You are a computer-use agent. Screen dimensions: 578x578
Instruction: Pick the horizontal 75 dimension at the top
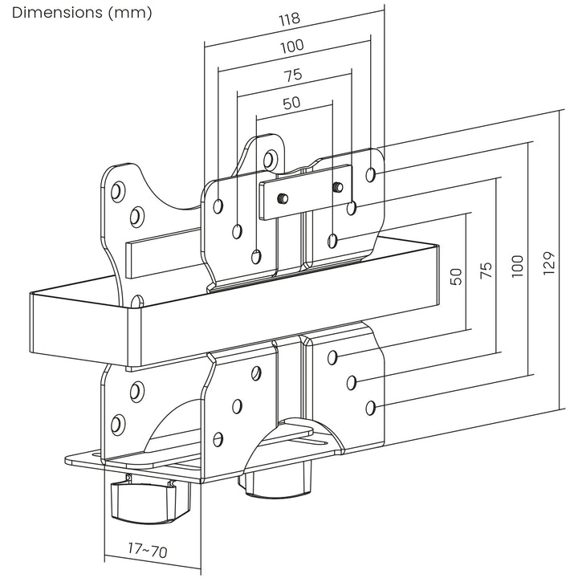(x=293, y=75)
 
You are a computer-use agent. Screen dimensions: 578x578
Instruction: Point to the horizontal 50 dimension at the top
(x=293, y=104)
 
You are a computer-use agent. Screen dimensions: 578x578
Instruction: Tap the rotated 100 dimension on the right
(x=516, y=265)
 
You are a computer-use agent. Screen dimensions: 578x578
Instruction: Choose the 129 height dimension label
(x=547, y=263)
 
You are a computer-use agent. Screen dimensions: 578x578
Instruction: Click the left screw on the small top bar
(x=281, y=197)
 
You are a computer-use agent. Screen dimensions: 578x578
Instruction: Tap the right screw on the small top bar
(x=339, y=187)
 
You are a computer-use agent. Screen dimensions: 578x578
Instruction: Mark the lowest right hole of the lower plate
(x=370, y=408)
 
